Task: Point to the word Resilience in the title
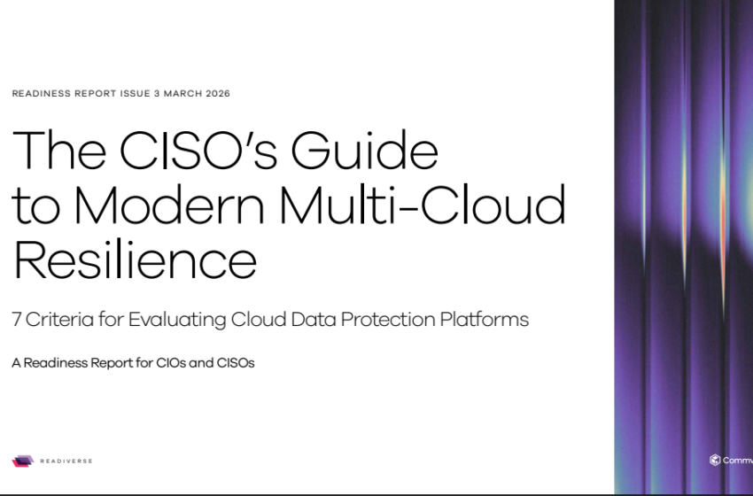click(135, 260)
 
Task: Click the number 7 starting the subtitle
click(17, 320)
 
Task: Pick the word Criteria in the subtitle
click(55, 320)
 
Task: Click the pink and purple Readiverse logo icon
click(22, 461)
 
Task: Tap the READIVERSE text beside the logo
click(66, 461)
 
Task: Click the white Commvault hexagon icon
click(714, 460)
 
